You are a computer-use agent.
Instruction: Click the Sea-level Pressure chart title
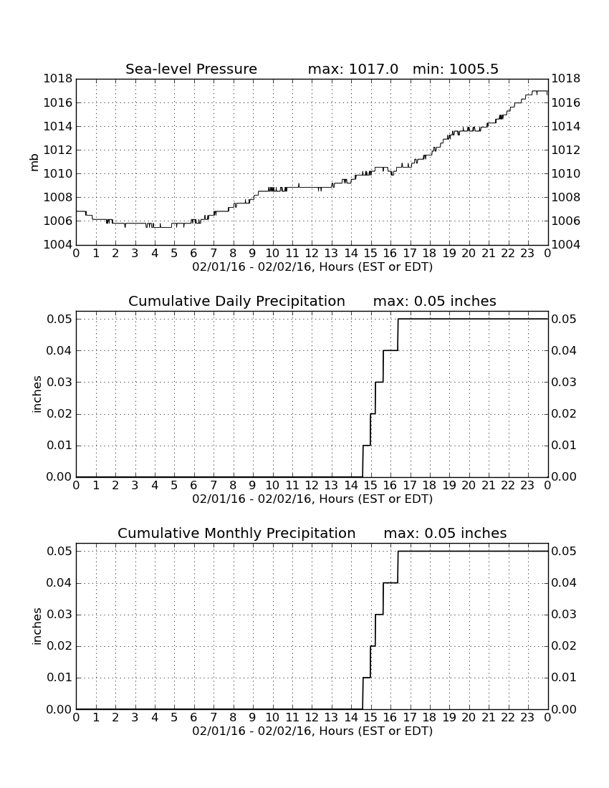pos(191,69)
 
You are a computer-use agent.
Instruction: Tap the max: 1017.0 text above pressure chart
pos(353,69)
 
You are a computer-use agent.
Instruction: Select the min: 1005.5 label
pos(455,69)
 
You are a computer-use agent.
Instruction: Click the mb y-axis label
pos(34,162)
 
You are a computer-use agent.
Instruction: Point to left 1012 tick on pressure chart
pos(57,150)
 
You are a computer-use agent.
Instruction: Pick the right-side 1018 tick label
pos(566,79)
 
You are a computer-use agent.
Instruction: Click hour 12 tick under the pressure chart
pos(312,254)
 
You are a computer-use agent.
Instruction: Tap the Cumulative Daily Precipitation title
pos(236,301)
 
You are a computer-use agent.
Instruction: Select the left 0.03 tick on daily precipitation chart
pos(59,383)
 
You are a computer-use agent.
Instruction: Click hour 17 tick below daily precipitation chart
pos(410,486)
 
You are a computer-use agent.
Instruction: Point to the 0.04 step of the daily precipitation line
pos(390,350)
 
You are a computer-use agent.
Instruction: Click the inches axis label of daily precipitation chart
pos(36,395)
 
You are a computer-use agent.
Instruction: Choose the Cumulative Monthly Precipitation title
pos(236,533)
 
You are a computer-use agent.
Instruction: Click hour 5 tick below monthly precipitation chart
pos(174,718)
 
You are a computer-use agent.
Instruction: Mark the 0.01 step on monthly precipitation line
pos(366,678)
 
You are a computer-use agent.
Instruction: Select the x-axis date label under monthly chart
pos(312,731)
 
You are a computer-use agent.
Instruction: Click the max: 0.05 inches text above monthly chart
pos(445,533)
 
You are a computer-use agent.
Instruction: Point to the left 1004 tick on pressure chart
pos(57,245)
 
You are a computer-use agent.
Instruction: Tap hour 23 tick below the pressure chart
pos(527,254)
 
